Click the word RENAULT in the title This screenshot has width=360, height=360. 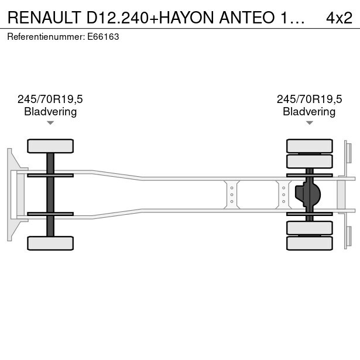click(x=44, y=18)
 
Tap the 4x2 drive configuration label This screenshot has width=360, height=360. click(x=339, y=18)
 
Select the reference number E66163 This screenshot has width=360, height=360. click(x=103, y=37)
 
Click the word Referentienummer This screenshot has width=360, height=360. click(x=44, y=37)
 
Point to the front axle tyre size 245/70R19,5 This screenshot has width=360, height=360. click(x=50, y=99)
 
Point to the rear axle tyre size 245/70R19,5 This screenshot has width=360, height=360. click(x=309, y=99)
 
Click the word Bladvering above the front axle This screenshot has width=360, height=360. click(x=50, y=112)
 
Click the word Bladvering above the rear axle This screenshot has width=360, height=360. click(x=309, y=112)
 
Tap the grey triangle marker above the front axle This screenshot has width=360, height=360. click(x=50, y=123)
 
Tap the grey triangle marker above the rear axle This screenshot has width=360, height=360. click(x=310, y=123)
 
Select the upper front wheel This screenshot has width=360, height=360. click(x=50, y=146)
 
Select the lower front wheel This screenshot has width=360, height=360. click(x=50, y=243)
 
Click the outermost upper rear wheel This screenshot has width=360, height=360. click(x=310, y=146)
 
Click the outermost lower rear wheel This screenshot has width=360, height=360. click(x=310, y=243)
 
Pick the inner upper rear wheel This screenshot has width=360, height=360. click(x=310, y=162)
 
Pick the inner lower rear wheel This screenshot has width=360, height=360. click(x=310, y=228)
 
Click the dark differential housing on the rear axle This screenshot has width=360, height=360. click(x=308, y=194)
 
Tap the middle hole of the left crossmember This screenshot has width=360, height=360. click(x=232, y=195)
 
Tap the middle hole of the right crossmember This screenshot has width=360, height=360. click(x=284, y=195)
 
